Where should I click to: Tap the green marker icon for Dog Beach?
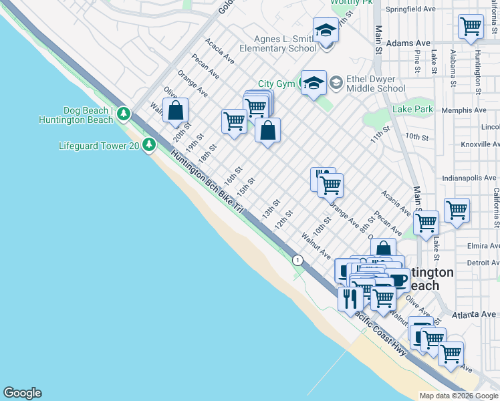[x=124, y=114]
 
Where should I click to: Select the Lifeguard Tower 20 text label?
[x=98, y=146]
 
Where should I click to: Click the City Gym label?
[x=276, y=84]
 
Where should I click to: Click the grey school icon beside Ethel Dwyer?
[x=336, y=82]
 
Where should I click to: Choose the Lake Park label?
[x=413, y=109]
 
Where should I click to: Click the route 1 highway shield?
[x=295, y=259]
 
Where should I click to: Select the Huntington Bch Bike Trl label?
[x=207, y=180]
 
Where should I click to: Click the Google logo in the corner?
[x=22, y=393]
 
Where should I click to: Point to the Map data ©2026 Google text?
[x=458, y=396]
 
